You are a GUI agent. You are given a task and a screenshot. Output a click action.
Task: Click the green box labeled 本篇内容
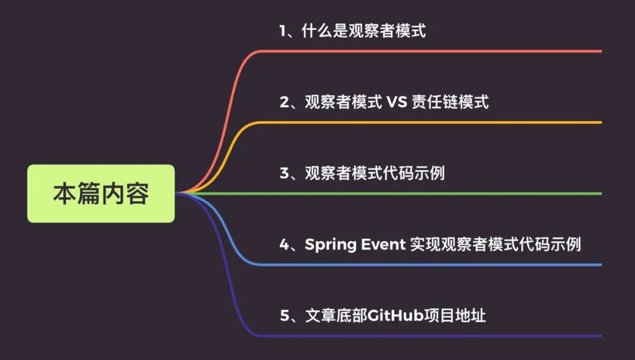pyautogui.click(x=101, y=194)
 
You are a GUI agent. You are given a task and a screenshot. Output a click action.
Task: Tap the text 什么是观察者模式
pyautogui.click(x=363, y=31)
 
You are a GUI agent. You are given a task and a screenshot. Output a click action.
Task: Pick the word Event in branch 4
pyautogui.click(x=383, y=245)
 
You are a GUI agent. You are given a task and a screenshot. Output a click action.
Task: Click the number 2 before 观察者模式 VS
pyautogui.click(x=285, y=102)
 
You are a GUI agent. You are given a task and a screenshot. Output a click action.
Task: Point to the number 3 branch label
pyautogui.click(x=285, y=174)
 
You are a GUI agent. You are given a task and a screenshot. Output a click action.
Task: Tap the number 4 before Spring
pyautogui.click(x=285, y=245)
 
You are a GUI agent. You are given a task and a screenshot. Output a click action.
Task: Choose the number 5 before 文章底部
pyautogui.click(x=285, y=316)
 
